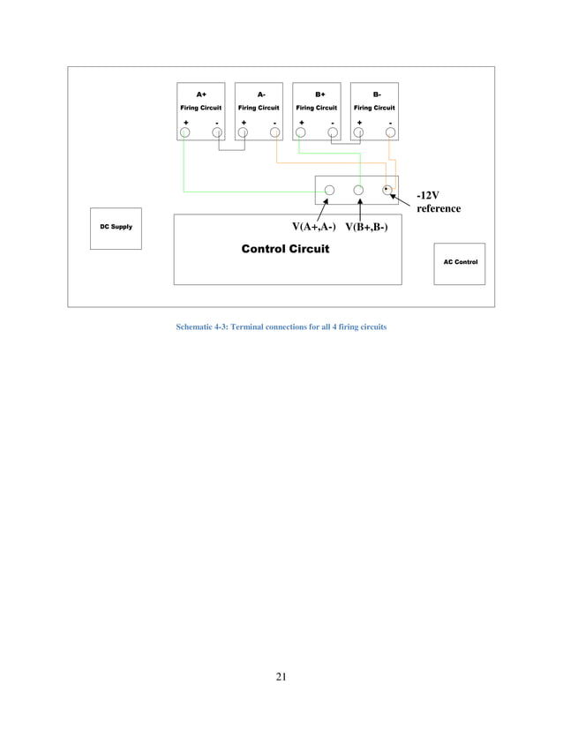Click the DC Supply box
(x=116, y=228)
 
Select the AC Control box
(x=459, y=263)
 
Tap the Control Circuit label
(x=285, y=249)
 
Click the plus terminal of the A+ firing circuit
(x=184, y=132)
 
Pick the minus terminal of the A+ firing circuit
(x=216, y=132)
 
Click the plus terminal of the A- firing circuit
(x=243, y=132)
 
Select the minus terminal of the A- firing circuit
(x=274, y=132)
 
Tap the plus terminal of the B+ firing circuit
(x=301, y=132)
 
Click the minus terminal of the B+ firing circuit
(x=333, y=132)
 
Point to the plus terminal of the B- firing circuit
(x=358, y=132)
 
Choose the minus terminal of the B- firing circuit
(x=390, y=132)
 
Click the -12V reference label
(x=438, y=201)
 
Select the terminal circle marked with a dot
(x=387, y=190)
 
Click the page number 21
(x=281, y=677)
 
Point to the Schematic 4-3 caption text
(x=281, y=327)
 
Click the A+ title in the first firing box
(x=201, y=94)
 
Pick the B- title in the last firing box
(x=375, y=94)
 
